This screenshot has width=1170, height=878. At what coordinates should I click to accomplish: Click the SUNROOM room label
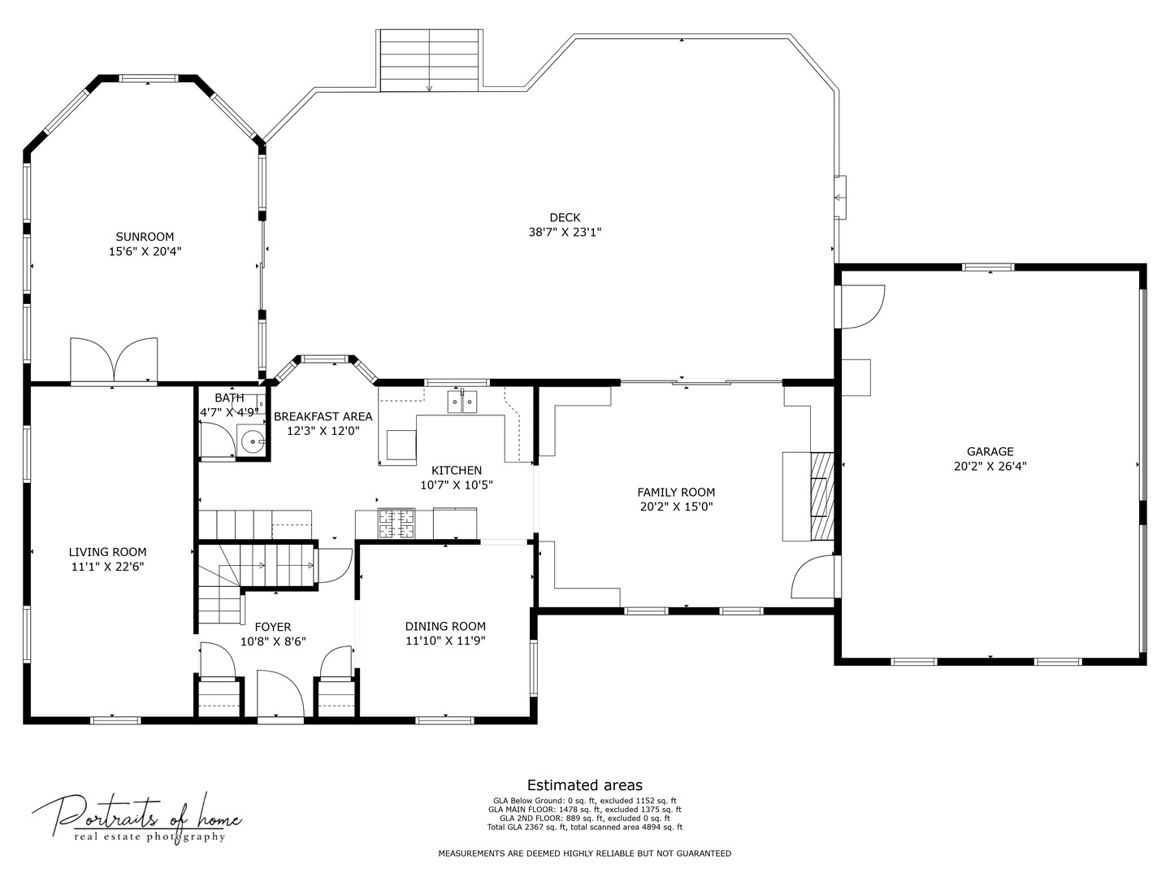145,237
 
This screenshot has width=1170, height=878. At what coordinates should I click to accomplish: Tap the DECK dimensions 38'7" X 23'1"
565,233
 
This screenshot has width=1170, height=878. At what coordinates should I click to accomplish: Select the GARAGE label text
990,451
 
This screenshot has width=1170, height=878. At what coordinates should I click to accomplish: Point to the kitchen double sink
462,402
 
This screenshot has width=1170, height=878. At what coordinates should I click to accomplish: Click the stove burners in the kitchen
396,524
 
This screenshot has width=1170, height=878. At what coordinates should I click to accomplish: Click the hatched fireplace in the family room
822,496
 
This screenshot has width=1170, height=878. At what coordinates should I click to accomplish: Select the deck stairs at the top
430,60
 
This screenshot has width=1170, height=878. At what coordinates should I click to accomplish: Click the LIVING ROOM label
108,552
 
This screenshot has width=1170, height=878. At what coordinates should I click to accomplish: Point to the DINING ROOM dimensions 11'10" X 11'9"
445,641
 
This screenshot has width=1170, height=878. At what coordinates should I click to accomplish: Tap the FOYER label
273,627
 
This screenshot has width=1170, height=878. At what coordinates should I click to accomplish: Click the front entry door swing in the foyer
281,693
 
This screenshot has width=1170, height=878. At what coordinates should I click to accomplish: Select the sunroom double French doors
114,360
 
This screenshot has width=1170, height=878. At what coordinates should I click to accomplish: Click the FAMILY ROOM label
677,492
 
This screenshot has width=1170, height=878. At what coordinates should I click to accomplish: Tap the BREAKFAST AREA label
323,416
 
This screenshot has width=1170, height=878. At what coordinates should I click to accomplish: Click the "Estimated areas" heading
585,785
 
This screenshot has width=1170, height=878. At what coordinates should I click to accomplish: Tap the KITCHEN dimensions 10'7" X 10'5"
457,485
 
